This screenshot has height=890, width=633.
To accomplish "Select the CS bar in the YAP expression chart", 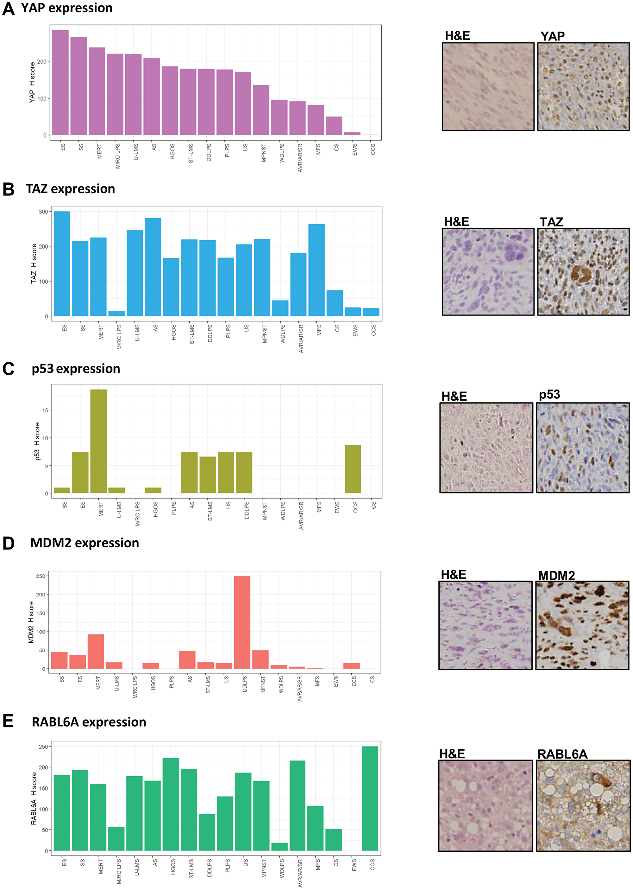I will click(x=334, y=126).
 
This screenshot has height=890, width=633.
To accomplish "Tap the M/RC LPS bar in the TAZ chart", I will click(x=116, y=313).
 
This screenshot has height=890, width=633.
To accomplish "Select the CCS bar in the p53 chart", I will click(x=353, y=469).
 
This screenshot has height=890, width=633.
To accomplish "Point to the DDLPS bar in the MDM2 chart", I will click(x=242, y=622).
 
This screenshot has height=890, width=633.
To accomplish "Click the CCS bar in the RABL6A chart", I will click(x=370, y=798).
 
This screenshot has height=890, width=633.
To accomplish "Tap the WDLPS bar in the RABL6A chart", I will click(x=279, y=847).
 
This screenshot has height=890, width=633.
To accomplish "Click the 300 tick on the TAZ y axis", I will click(x=43, y=212).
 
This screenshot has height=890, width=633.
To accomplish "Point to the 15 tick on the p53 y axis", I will click(x=45, y=410).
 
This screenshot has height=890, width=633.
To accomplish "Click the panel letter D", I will click(x=8, y=543).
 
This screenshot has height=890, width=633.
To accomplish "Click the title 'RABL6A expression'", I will click(x=89, y=722).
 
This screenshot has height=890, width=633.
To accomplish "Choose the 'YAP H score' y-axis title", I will click(x=32, y=83).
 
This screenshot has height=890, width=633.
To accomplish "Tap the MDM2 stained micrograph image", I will click(x=582, y=625).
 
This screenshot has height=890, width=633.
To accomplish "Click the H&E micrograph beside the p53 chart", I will click(x=486, y=448).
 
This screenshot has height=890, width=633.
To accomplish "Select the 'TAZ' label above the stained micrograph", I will click(x=551, y=222).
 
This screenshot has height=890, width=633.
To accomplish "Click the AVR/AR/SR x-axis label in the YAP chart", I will click(x=300, y=158).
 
